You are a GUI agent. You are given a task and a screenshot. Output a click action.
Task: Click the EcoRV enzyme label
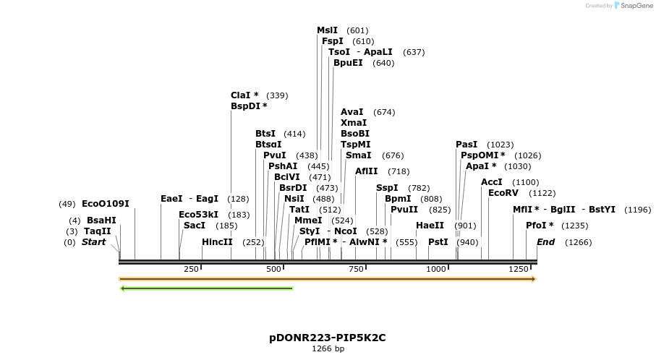click(503, 193)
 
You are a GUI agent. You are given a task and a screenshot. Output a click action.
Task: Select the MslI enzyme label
click(327, 30)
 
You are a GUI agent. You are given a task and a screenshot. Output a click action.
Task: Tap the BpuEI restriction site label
click(348, 63)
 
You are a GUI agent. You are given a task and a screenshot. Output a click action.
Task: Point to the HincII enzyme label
click(217, 242)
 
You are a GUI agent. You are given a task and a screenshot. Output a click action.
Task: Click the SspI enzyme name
click(387, 188)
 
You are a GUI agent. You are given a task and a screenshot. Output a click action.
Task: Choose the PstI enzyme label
click(438, 242)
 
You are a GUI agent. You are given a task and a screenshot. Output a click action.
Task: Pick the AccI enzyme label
click(492, 182)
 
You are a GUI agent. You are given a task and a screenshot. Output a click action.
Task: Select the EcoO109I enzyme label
click(106, 204)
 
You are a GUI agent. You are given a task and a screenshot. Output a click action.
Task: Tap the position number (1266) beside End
click(578, 242)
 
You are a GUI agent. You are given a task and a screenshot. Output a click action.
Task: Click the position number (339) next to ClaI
click(277, 95)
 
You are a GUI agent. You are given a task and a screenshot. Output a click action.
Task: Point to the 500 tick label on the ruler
click(273, 269)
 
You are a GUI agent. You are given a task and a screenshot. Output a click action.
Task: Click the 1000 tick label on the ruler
click(436, 269)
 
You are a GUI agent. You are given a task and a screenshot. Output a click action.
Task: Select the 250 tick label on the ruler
click(191, 269)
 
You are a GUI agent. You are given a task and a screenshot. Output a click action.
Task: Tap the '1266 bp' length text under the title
click(328, 349)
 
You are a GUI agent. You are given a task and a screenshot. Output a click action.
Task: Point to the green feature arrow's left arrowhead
click(123, 288)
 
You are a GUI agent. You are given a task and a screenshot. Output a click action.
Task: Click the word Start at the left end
click(93, 242)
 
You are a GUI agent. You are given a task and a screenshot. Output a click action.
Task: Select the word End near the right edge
click(545, 242)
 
